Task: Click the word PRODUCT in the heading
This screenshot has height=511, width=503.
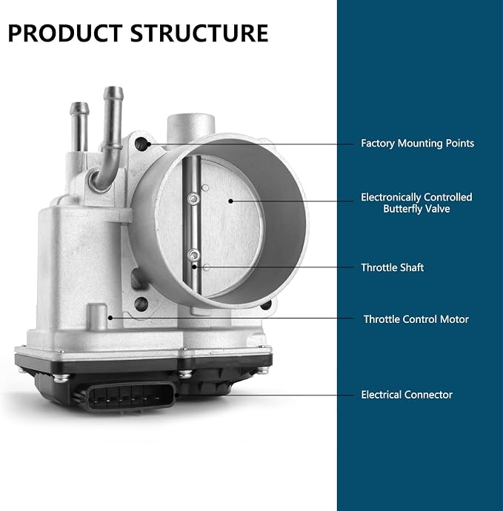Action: [x=65, y=33]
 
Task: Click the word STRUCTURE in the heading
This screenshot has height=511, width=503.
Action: [x=199, y=33]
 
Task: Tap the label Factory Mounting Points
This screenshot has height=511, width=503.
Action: [x=417, y=144]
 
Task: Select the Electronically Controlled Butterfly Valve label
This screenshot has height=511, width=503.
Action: [x=416, y=203]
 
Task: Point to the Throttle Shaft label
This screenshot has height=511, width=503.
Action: [x=392, y=267]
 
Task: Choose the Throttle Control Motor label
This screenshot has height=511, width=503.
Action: [x=416, y=319]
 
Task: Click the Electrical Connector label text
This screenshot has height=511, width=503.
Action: [x=407, y=395]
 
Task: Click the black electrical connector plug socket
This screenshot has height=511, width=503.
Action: [x=130, y=397]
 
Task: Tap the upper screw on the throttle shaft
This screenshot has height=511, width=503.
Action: [x=194, y=198]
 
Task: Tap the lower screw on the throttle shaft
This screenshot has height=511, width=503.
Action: [x=194, y=255]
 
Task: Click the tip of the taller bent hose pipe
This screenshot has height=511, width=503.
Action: [x=113, y=90]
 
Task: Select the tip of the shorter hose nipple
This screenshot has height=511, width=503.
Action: [x=79, y=106]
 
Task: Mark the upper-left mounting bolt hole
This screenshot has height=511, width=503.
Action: [x=141, y=144]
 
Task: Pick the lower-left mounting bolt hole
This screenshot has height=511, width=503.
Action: [x=141, y=304]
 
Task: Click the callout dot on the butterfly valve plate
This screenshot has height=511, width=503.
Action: [x=230, y=201]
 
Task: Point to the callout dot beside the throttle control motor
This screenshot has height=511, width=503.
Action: [x=110, y=318]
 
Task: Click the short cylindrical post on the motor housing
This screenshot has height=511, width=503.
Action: [x=98, y=316]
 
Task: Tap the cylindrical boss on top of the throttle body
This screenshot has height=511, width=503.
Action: [x=191, y=128]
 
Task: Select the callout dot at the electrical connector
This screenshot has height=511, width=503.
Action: [x=177, y=395]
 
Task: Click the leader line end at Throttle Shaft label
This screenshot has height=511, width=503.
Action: [x=354, y=267]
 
